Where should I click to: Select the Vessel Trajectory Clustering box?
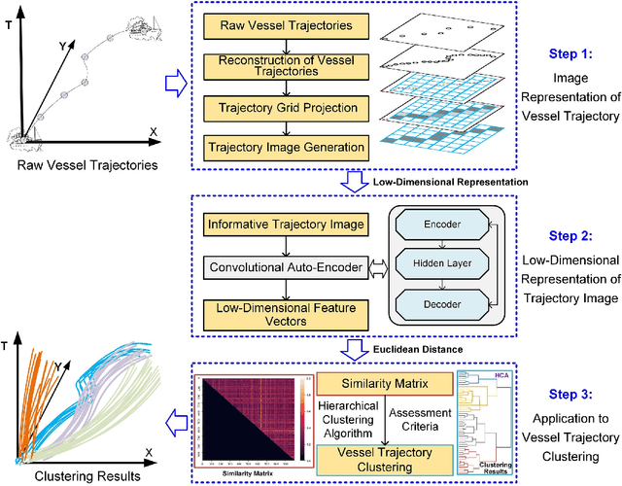click(x=384, y=453)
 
